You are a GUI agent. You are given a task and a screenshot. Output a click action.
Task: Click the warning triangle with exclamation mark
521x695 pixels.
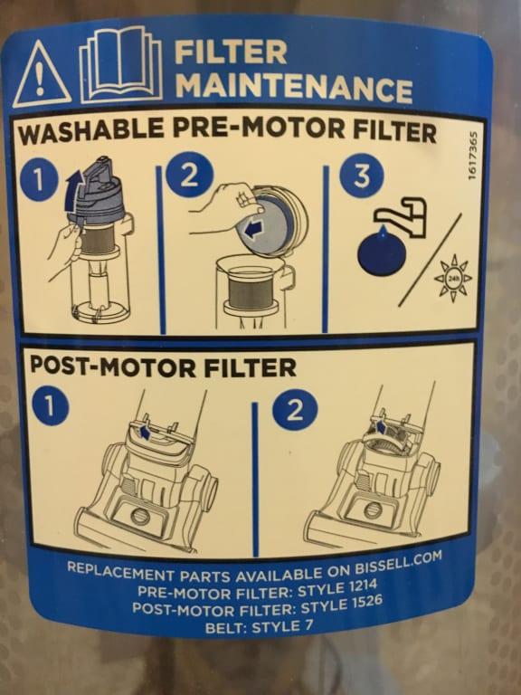pos(40,76)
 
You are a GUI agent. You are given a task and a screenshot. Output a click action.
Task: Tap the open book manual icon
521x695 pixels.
pos(120,63)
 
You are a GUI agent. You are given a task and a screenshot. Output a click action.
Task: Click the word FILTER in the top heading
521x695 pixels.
pos(231,52)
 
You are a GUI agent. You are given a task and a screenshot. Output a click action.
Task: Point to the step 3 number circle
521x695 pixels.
pos(361,176)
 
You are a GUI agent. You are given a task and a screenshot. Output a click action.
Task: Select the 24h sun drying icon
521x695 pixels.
pos(453,279)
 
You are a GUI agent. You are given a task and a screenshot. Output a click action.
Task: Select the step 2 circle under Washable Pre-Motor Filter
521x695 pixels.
pos(189,175)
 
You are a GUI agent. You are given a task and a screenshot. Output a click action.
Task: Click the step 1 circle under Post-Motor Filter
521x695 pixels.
pos(50,407)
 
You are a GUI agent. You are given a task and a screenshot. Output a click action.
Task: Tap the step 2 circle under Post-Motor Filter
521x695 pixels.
pos(295,411)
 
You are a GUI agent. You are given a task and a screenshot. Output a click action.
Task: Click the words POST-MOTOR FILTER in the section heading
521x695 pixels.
pos(163,367)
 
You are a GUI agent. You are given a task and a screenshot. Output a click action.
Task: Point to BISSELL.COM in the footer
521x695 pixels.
pos(398,562)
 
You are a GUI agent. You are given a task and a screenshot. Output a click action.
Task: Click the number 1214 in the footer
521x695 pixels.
pos(363,586)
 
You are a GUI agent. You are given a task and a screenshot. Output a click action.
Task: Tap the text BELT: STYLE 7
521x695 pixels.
pos(260,627)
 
